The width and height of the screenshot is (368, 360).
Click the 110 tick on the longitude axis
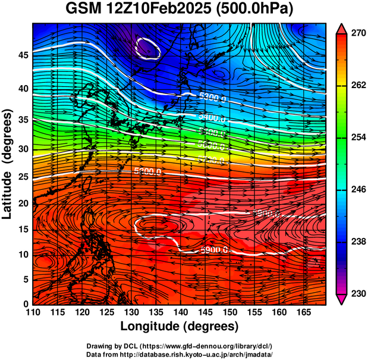pyautogui.click(x=33, y=313)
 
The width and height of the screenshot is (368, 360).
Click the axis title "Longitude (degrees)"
pyautogui.click(x=180, y=326)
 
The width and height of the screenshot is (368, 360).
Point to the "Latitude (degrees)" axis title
pyautogui.click(x=8, y=164)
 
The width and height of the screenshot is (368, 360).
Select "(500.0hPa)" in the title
pyautogui.click(x=259, y=10)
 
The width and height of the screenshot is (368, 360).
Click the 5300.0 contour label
pyautogui.click(x=212, y=97)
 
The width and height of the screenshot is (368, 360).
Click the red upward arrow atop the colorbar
pyautogui.click(x=341, y=27)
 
